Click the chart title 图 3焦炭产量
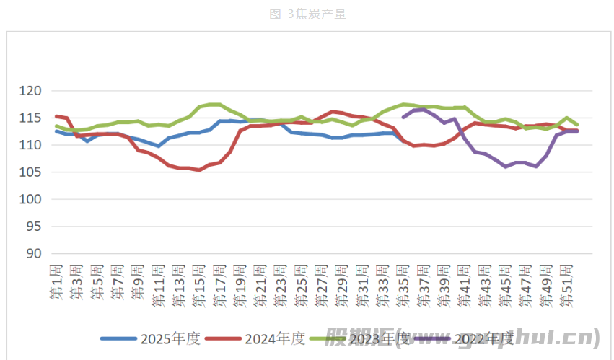307,14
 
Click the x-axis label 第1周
56,281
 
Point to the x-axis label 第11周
158,284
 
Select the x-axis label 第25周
302,284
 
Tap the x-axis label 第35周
403,284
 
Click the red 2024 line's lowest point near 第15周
199,170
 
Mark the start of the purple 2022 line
404,116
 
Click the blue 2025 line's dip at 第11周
159,146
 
